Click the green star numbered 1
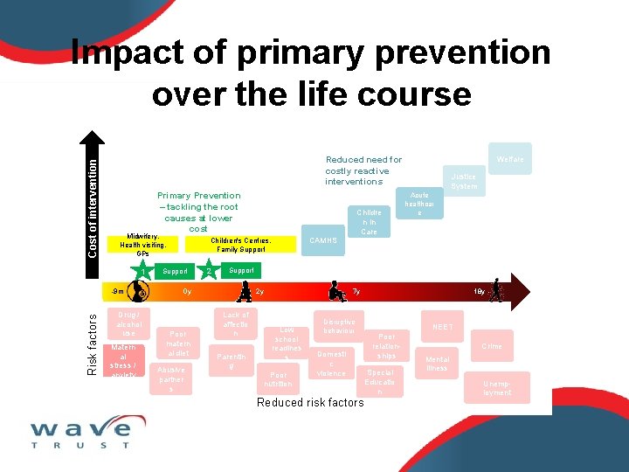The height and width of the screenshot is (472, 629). (x=142, y=272)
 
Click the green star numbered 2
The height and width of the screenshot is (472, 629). (x=209, y=272)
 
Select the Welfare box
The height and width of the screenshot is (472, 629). (x=510, y=160)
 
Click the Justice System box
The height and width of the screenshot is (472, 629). (x=464, y=181)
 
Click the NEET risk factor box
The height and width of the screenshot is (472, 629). (x=443, y=327)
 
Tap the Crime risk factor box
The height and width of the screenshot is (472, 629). (x=492, y=347)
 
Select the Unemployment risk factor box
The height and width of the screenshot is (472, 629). (x=496, y=388)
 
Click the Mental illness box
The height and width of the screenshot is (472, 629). (x=437, y=364)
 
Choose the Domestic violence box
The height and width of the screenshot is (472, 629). (x=331, y=364)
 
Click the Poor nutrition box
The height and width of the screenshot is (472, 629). (x=279, y=378)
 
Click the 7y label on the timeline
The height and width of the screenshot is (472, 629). (x=356, y=291)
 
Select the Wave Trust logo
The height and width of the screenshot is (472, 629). (x=81, y=434)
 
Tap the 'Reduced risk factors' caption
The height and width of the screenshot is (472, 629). (x=310, y=402)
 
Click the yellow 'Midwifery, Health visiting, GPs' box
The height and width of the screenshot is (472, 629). (x=143, y=245)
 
